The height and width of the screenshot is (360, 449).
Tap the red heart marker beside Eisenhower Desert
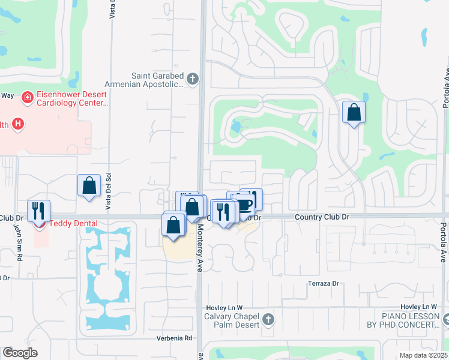[27, 97]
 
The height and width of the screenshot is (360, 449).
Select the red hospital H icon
[19, 125]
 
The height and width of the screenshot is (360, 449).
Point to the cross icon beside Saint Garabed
[192, 79]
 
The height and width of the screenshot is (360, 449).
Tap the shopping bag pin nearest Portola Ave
[354, 112]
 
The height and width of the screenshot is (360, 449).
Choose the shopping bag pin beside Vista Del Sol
[89, 185]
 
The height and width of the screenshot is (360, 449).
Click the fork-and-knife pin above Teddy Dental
[38, 211]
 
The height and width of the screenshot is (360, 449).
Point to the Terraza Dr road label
[324, 283]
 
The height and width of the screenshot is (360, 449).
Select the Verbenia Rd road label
[175, 338]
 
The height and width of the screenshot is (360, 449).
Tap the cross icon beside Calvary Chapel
[268, 319]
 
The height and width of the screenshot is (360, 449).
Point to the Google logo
[20, 353]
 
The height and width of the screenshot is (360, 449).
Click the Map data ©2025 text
[423, 355]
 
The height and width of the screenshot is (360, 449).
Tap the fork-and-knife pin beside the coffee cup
[223, 212]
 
